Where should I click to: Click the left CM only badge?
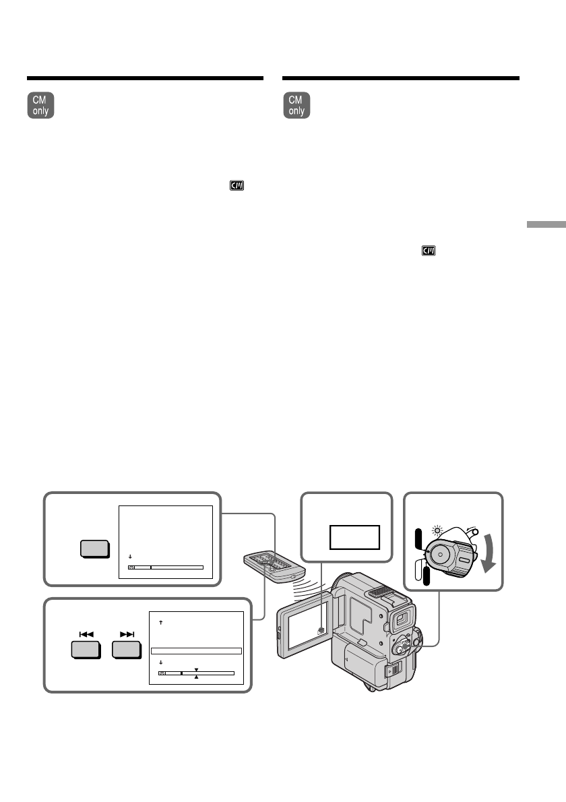coord(41,106)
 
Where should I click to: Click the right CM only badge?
coord(297,106)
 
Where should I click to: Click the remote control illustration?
coord(269,565)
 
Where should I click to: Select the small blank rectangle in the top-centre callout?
coord(354,537)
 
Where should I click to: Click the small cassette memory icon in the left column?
coord(237,184)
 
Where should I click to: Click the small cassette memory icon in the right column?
coord(429,251)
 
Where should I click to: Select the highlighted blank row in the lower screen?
coord(195,651)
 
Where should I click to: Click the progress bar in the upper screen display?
coord(166,567)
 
